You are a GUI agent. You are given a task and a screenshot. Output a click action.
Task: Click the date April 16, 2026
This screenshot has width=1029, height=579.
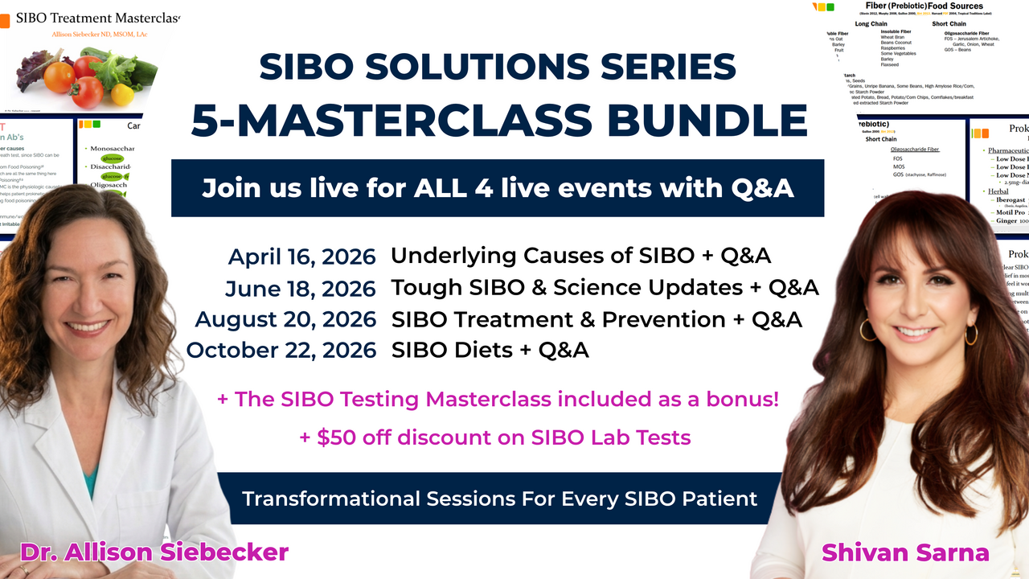click(x=302, y=257)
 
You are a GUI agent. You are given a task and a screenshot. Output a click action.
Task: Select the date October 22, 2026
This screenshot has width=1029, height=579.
click(x=281, y=351)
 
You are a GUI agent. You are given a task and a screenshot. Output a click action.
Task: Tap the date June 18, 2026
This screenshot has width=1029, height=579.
click(x=301, y=288)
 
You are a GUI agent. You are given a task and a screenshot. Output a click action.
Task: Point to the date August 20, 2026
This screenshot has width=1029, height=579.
click(x=286, y=319)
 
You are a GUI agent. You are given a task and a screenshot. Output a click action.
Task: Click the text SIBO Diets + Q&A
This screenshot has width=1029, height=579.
click(x=490, y=350)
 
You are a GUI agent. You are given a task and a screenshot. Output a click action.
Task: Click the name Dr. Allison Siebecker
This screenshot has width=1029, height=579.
click(x=154, y=552)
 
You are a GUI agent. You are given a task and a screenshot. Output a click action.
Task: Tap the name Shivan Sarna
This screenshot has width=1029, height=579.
click(x=905, y=552)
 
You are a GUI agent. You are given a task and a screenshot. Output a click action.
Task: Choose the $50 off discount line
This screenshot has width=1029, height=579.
click(x=494, y=437)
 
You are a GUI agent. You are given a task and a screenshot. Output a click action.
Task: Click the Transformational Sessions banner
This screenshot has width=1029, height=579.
click(x=499, y=499)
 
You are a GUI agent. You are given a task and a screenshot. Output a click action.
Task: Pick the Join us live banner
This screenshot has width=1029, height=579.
click(x=498, y=188)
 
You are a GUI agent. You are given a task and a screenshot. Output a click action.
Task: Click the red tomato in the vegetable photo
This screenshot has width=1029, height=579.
click(x=60, y=77)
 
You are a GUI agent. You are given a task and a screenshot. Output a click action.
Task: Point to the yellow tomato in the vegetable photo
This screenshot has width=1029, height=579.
click(x=122, y=94)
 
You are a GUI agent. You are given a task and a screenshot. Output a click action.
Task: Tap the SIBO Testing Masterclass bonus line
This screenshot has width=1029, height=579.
click(x=498, y=399)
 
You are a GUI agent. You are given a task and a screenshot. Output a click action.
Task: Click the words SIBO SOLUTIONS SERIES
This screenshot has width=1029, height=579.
click(x=498, y=68)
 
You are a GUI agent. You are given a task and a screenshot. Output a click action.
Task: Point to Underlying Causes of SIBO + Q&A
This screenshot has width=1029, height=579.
click(x=580, y=256)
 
